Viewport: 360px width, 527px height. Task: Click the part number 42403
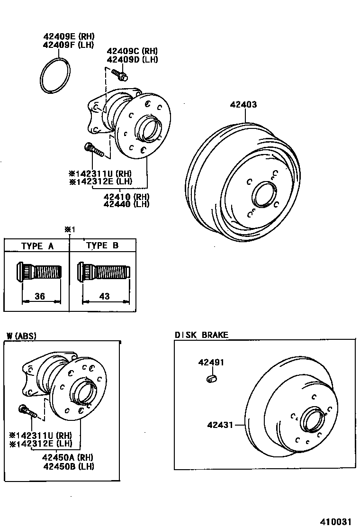tap(243, 105)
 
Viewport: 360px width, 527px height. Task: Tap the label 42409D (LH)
tap(132, 60)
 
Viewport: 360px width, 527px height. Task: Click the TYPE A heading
tap(37, 245)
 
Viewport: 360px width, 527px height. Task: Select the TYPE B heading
tap(102, 245)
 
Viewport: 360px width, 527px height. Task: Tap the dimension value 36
tap(40, 296)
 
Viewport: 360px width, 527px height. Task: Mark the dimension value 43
tap(105, 296)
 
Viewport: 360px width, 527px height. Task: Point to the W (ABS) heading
tap(22, 336)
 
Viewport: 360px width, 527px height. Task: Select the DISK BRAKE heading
tap(201, 335)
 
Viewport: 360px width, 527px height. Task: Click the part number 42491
tap(211, 363)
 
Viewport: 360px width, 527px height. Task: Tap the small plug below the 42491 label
tap(212, 378)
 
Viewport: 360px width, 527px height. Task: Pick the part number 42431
tap(220, 425)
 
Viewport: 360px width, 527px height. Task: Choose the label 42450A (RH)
tap(67, 458)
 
